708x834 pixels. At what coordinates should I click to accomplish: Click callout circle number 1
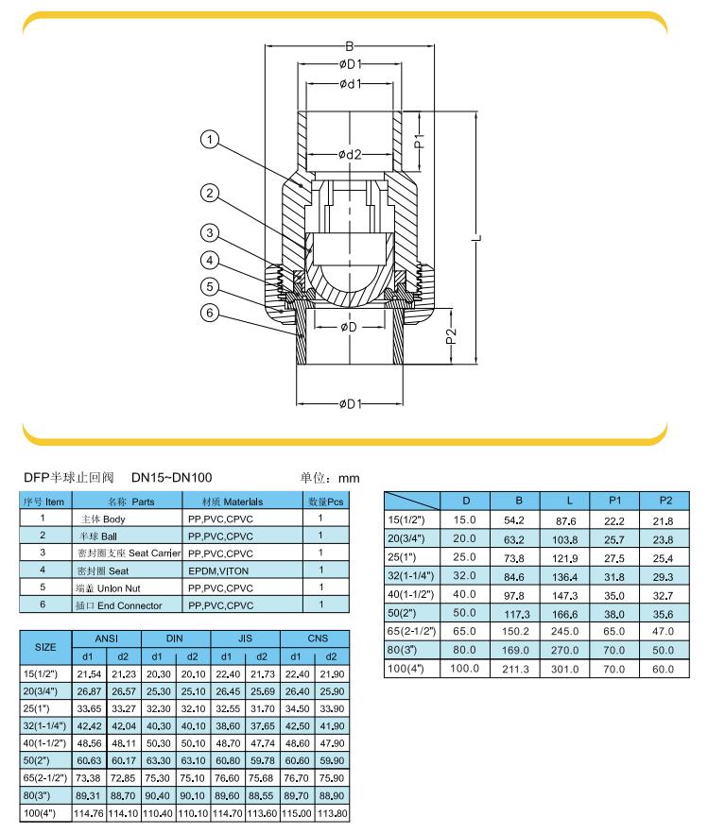tap(210, 140)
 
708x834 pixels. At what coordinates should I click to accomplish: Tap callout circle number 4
tap(210, 260)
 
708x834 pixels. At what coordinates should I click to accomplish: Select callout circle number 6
tap(210, 313)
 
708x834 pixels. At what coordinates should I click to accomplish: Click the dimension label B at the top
tap(349, 46)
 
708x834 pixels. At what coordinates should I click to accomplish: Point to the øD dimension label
tap(349, 327)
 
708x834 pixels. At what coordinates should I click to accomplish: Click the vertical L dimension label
tap(477, 237)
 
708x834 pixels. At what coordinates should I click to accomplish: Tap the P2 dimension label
tap(452, 336)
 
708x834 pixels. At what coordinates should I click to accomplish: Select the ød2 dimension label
tap(350, 154)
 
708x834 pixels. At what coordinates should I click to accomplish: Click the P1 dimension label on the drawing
tap(420, 141)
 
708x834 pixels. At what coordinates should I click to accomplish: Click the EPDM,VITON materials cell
tap(218, 570)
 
